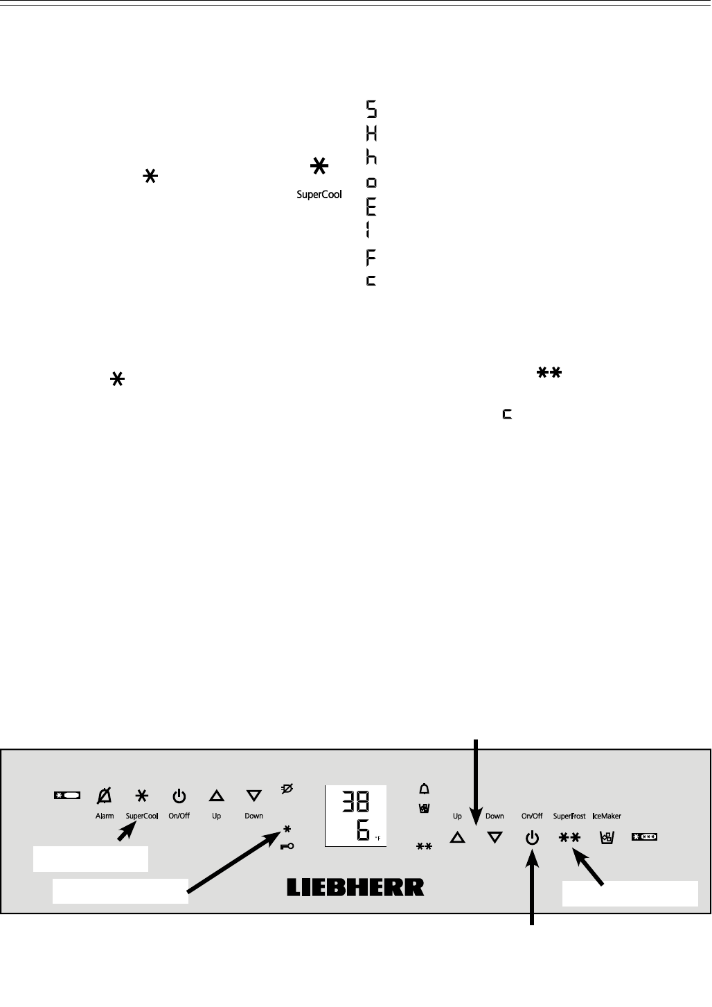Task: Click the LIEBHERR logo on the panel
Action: pyautogui.click(x=355, y=887)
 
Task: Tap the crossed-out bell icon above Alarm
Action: pyautogui.click(x=105, y=796)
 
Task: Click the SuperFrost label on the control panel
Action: pyautogui.click(x=569, y=816)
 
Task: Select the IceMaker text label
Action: pyautogui.click(x=607, y=816)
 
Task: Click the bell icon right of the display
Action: pyautogui.click(x=425, y=789)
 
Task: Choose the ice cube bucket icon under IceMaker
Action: pyautogui.click(x=606, y=837)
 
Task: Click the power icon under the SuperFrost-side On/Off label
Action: pyautogui.click(x=532, y=837)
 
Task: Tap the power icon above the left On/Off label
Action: pyautogui.click(x=179, y=796)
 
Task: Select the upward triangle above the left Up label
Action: pyautogui.click(x=217, y=796)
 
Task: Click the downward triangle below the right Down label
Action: pyautogui.click(x=495, y=837)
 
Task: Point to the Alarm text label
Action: pyautogui.click(x=105, y=816)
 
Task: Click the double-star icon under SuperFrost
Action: pyautogui.click(x=569, y=837)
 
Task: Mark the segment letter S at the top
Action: pyautogui.click(x=371, y=109)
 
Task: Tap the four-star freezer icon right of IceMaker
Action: pyautogui.click(x=644, y=837)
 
